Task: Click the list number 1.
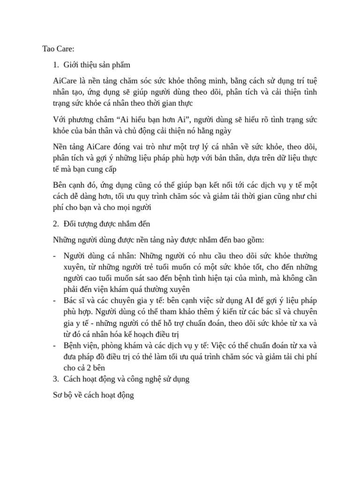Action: pyautogui.click(x=56, y=65)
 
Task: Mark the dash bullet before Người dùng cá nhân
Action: pyautogui.click(x=55, y=256)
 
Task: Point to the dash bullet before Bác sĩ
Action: pyautogui.click(x=55, y=300)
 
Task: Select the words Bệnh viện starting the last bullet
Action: pyautogui.click(x=78, y=346)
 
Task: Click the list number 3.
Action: pyautogui.click(x=56, y=379)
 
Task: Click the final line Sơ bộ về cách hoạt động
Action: pyautogui.click(x=94, y=396)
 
